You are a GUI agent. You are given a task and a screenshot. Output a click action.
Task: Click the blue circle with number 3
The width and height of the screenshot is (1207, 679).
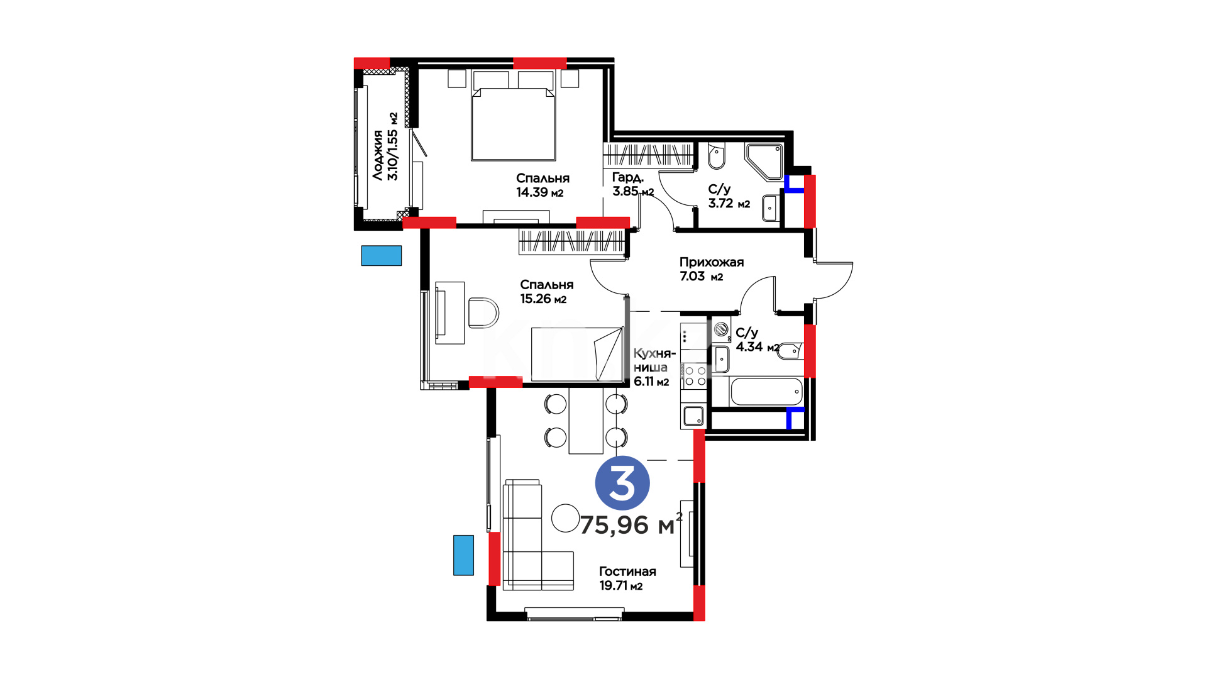coord(622,483)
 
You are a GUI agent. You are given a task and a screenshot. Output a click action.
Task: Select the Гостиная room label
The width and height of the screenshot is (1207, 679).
coord(627,571)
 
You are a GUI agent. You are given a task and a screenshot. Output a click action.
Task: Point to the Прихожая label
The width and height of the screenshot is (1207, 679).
coord(712,262)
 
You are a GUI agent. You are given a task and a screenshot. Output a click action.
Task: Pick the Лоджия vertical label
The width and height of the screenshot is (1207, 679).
coord(378,155)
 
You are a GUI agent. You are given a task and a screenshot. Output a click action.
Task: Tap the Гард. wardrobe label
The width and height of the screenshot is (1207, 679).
coord(628,178)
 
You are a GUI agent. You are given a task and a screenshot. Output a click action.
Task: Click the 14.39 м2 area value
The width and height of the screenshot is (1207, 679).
coord(540,193)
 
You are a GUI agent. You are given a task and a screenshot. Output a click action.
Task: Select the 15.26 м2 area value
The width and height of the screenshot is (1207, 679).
coord(543,299)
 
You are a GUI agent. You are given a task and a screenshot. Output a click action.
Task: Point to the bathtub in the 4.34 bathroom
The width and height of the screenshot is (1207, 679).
coord(767,392)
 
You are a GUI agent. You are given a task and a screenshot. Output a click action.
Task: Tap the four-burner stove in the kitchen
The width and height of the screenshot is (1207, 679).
coord(695,376)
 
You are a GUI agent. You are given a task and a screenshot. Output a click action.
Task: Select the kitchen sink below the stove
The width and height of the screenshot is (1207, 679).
coord(693,416)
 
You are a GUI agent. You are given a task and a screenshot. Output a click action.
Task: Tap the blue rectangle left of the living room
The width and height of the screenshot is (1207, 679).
coord(464,555)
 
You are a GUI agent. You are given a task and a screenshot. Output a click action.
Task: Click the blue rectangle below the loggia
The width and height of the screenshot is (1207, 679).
coord(381,255)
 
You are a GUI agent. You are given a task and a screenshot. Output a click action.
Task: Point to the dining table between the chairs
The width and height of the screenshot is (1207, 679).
coord(586,420)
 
